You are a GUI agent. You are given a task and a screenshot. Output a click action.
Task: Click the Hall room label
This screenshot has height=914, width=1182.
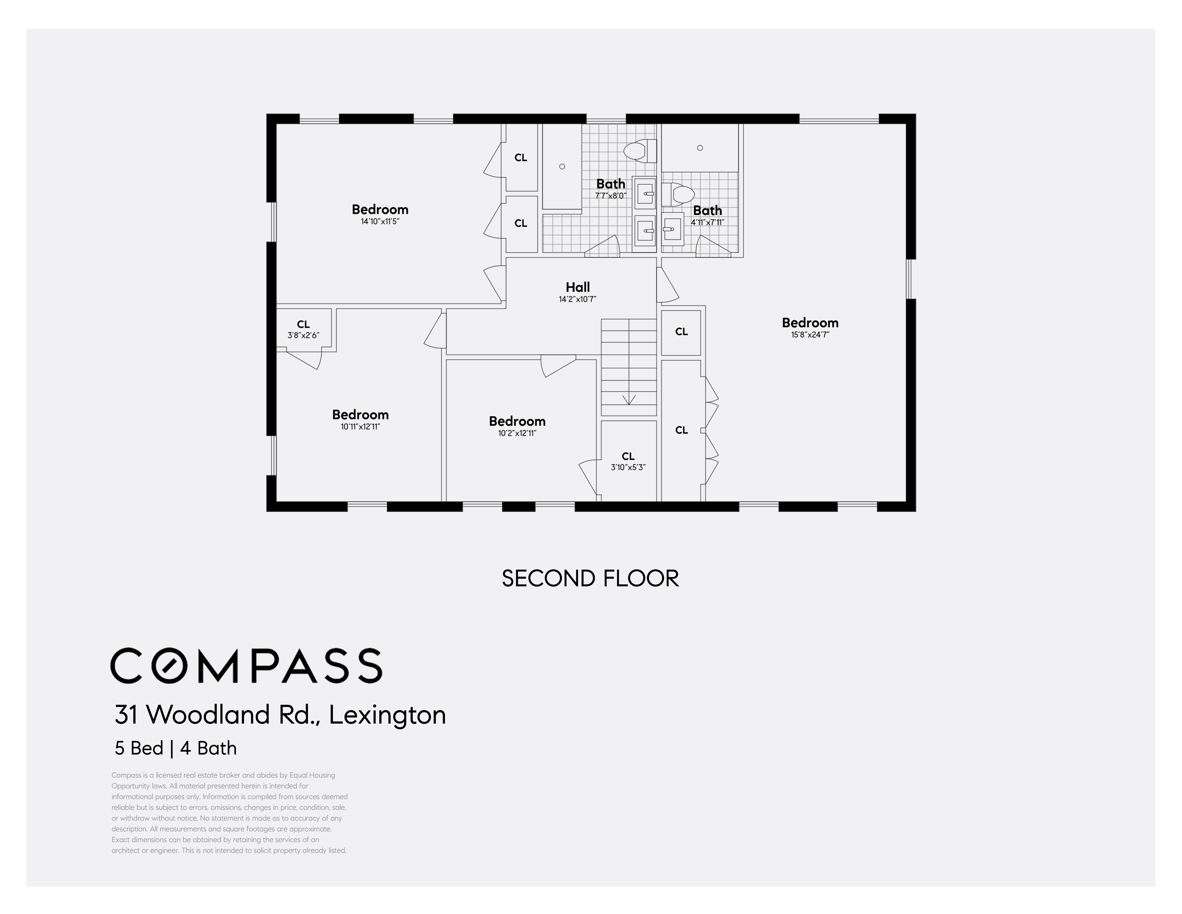pos(577,287)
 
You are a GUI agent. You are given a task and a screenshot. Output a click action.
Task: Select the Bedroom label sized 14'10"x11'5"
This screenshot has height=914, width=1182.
pos(380,210)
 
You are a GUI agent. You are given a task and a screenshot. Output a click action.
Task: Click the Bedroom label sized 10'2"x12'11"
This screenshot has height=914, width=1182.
pos(517,421)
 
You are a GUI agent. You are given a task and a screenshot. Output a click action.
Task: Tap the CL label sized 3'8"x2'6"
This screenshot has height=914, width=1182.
pos(303,324)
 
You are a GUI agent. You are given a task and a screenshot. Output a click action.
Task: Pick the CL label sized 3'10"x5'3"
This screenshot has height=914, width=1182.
pos(628,456)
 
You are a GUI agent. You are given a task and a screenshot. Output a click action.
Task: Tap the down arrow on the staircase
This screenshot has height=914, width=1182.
pos(628,400)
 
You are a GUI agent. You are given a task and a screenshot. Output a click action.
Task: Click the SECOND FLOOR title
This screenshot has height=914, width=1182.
pos(590,578)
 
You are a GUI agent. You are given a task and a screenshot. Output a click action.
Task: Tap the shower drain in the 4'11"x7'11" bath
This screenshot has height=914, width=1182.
pos(700,148)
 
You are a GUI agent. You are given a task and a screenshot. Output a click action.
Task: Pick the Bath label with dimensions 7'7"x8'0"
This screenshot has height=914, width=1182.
pos(611,184)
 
